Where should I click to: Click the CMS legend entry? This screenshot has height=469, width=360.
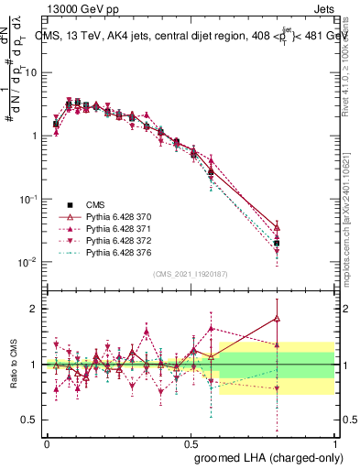tap(97, 204)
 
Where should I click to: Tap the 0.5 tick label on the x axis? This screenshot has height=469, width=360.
tap(191, 441)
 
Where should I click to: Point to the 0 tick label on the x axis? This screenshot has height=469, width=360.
tap(48, 441)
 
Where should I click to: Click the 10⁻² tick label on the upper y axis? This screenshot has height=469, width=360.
tap(29, 263)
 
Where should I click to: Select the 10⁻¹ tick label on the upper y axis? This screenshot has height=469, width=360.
tap(29, 199)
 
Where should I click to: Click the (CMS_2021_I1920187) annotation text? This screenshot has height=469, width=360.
tap(191, 274)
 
